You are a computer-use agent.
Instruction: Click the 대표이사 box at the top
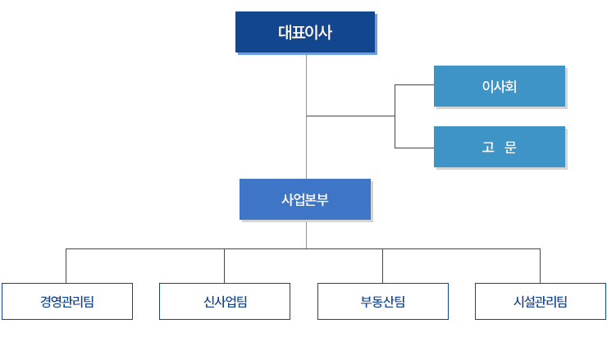[x=305, y=32]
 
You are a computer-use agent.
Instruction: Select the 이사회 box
[x=500, y=86]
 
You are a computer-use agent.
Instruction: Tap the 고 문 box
[x=500, y=147]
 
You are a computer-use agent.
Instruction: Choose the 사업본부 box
[x=305, y=199]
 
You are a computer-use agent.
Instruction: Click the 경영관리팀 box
[x=67, y=301]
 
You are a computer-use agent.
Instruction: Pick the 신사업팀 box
[x=225, y=301]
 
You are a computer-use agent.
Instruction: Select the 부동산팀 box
[x=383, y=301]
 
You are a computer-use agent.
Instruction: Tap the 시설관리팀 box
[x=541, y=301]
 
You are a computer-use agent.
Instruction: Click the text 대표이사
[x=305, y=32]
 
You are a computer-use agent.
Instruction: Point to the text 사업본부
[x=305, y=200]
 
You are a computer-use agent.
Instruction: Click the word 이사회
[x=500, y=86]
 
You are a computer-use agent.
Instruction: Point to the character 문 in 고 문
[x=510, y=147]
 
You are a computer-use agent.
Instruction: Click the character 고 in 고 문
[x=488, y=147]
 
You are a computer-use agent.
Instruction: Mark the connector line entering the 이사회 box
[x=414, y=84]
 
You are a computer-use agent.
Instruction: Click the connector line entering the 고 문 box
[x=414, y=148]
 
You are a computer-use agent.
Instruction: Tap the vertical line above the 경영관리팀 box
[x=66, y=266]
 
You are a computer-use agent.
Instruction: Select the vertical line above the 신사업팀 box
[x=225, y=266]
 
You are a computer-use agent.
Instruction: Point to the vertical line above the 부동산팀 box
[x=383, y=266]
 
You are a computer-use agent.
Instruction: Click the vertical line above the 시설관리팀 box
[x=541, y=266]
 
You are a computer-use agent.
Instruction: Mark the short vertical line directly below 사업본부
[x=306, y=235]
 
